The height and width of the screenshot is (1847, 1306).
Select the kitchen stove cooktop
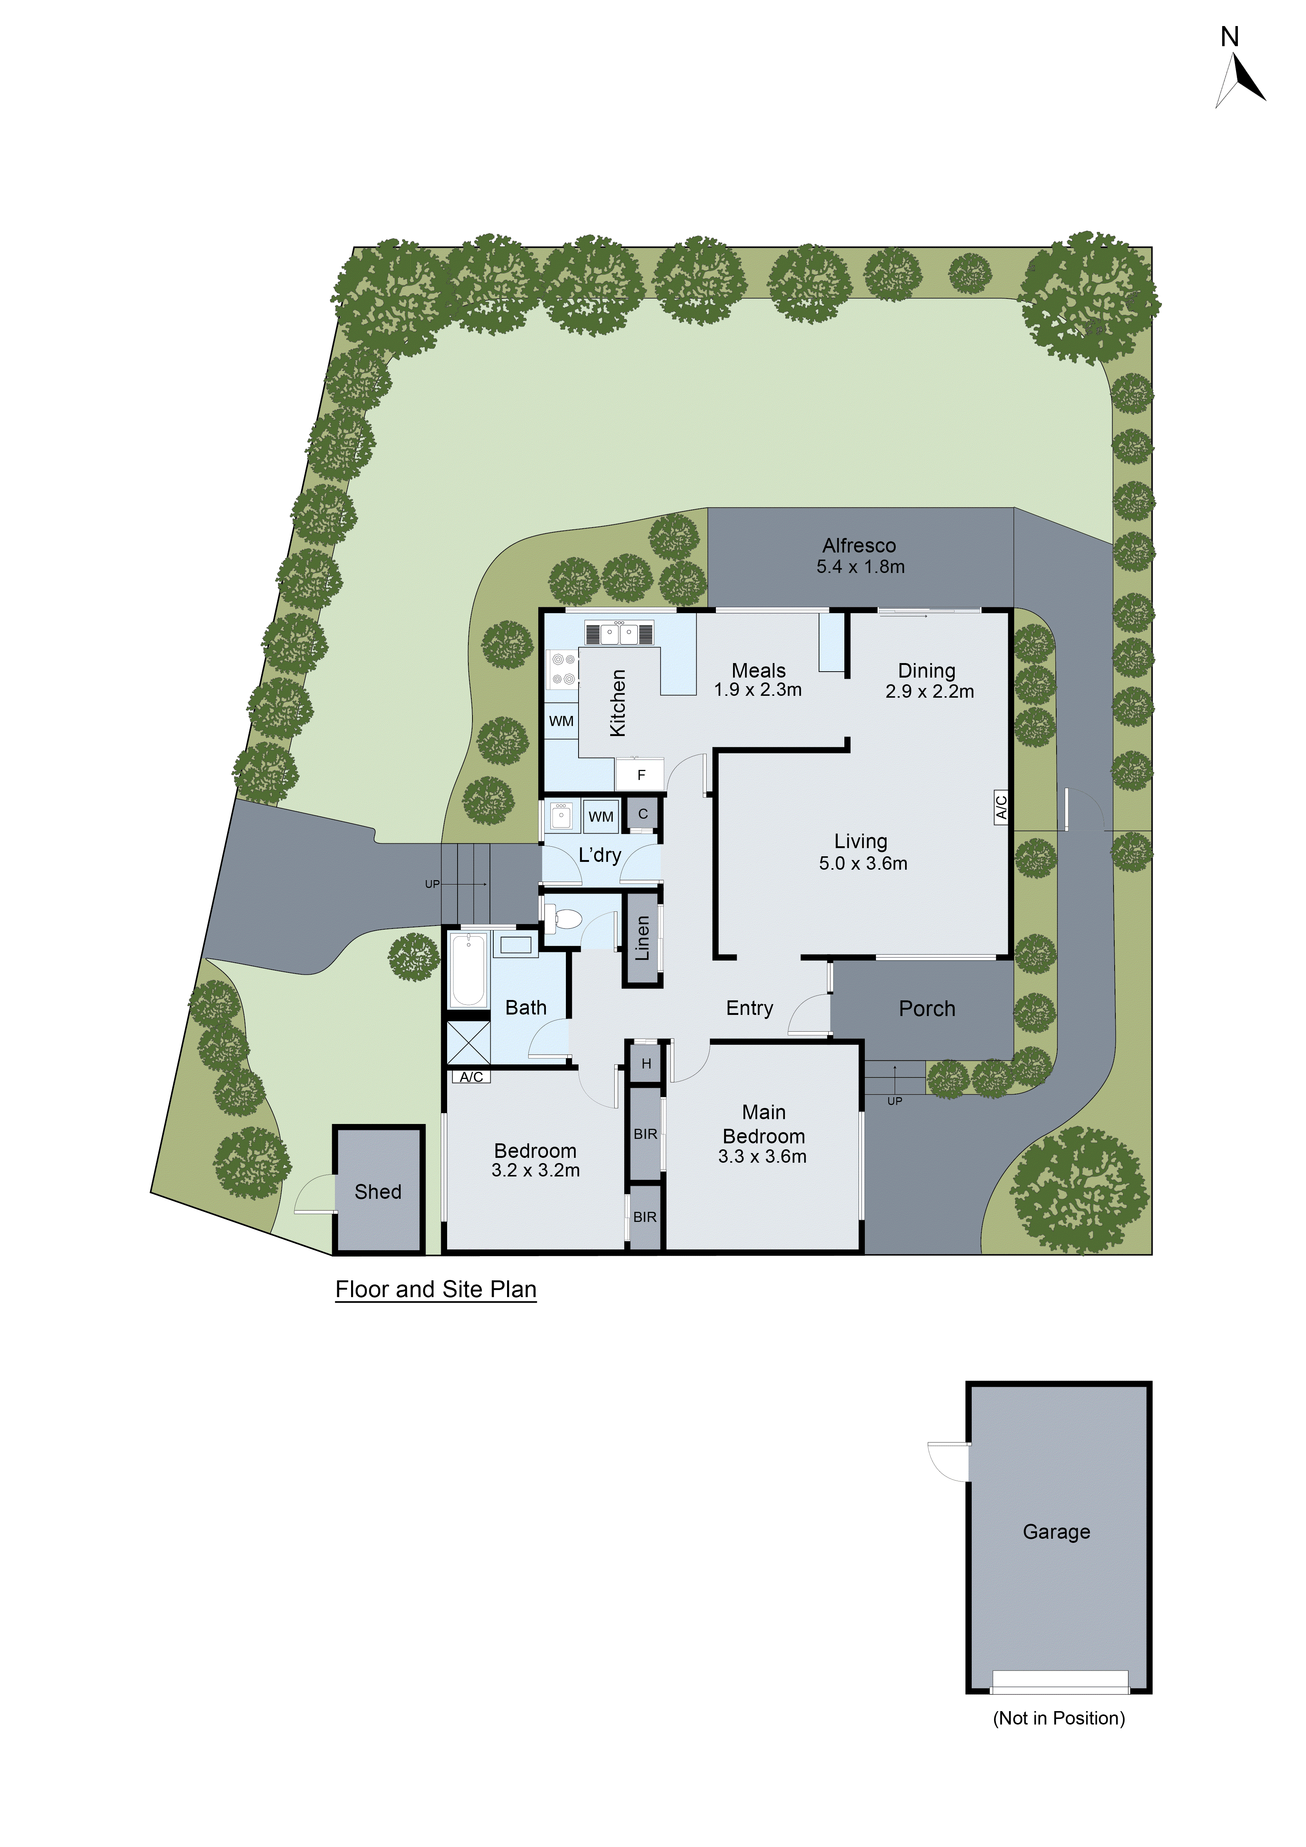click(563, 669)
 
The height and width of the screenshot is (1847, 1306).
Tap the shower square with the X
click(468, 1042)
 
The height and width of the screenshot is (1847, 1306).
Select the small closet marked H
click(646, 1063)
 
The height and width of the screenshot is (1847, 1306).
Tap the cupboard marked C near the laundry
click(643, 814)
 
